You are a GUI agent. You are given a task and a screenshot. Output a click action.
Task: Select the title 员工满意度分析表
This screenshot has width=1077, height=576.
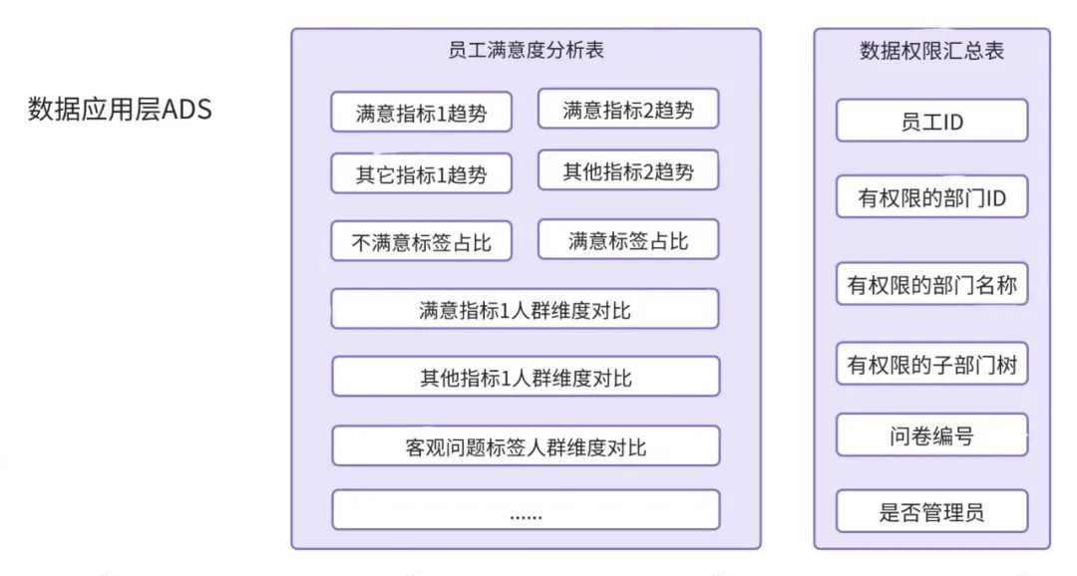coord(526,50)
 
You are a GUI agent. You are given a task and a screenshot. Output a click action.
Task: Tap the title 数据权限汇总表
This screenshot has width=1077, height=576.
coord(931,51)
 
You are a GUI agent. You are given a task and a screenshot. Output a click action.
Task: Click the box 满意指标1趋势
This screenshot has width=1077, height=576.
coord(421,113)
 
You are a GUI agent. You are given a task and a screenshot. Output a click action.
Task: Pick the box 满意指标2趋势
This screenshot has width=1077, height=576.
coord(628,110)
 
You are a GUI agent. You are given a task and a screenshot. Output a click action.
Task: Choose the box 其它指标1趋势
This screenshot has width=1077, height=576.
coord(421,174)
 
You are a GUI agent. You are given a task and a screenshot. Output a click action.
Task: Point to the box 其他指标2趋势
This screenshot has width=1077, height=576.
coord(628,171)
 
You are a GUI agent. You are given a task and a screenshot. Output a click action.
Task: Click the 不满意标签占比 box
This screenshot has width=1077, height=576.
coord(421,242)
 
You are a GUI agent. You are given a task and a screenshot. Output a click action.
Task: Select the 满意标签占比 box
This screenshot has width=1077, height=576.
coord(628,240)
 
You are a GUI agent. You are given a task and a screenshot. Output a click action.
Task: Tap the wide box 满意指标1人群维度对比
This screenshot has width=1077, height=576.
coord(525,310)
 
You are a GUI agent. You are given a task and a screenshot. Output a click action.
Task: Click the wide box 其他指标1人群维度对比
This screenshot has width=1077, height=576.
coord(525,378)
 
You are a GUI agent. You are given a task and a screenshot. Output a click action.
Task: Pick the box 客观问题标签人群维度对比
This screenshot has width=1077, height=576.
coord(525,446)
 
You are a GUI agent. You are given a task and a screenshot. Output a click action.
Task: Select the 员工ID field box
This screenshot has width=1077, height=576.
coord(931,122)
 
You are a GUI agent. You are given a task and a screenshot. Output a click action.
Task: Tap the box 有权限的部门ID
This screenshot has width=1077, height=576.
coord(931,198)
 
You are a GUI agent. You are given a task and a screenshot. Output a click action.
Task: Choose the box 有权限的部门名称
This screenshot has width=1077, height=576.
coord(931,286)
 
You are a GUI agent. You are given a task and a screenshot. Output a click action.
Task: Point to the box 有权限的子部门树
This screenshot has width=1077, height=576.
coord(931,365)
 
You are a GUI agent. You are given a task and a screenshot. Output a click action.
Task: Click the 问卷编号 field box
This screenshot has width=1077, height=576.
coord(931,434)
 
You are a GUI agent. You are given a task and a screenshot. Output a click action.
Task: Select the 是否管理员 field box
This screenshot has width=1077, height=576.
coord(931,512)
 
